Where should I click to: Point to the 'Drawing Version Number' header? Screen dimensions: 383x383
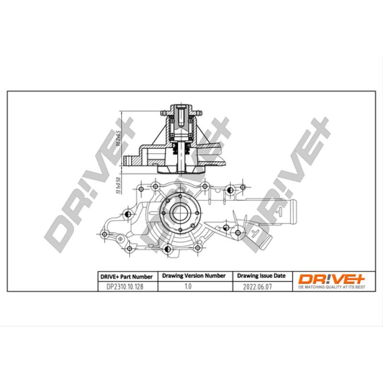click(x=194, y=276)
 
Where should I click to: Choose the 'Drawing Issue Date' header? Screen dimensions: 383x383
click(x=261, y=276)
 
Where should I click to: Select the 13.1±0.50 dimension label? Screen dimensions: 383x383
click(x=117, y=185)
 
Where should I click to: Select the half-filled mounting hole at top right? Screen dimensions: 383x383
click(x=230, y=191)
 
